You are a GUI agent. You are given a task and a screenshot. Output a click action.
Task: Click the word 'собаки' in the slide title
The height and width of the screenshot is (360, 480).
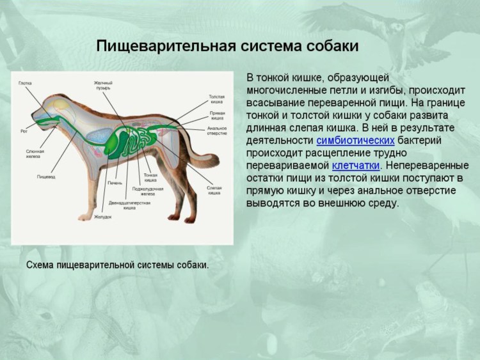[x=327, y=47]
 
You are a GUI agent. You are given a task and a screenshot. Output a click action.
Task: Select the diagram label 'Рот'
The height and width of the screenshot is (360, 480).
[x=24, y=132]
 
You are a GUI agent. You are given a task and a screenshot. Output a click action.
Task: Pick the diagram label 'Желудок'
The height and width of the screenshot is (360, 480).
[x=103, y=217]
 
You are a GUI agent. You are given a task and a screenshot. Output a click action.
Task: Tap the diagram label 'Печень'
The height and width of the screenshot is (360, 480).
[x=115, y=184]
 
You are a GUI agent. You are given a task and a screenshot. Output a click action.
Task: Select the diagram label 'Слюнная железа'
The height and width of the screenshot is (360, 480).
[x=26, y=153]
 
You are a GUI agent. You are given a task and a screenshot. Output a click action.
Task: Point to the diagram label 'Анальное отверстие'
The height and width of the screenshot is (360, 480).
[x=217, y=130]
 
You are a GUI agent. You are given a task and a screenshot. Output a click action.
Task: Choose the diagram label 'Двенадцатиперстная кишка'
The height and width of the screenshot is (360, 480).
[x=129, y=205]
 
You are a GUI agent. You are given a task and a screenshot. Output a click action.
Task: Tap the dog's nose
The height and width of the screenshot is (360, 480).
[x=31, y=122]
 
